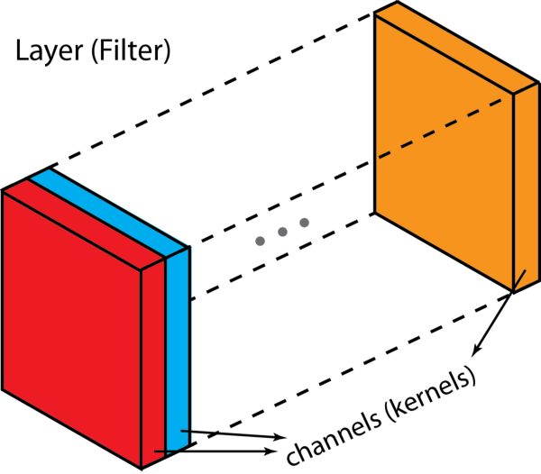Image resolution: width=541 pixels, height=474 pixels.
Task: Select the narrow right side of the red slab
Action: click(x=154, y=360)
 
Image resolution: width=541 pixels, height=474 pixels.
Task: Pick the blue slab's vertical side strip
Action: click(x=179, y=342)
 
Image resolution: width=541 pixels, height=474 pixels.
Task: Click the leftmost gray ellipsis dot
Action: click(x=261, y=241)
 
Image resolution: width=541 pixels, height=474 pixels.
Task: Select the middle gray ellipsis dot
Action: click(x=282, y=232)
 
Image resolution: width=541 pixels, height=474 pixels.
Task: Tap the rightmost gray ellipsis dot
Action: click(x=304, y=223)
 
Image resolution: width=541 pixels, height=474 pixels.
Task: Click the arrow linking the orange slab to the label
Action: click(x=495, y=319)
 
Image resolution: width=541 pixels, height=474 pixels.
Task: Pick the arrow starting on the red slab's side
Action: click(x=216, y=448)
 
